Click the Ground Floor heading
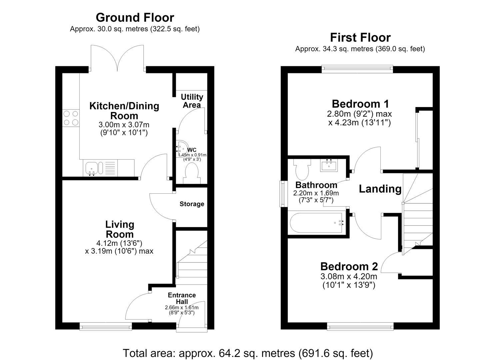pyautogui.click(x=135, y=18)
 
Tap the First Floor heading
pyautogui.click(x=360, y=38)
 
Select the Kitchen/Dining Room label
pyautogui.click(x=124, y=111)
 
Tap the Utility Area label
pyautogui.click(x=192, y=101)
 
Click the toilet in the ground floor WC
pyautogui.click(x=192, y=173)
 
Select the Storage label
pyautogui.click(x=192, y=204)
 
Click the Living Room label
pyautogui.click(x=120, y=229)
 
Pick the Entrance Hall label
pyautogui.click(x=182, y=298)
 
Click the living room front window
pyautogui.click(x=106, y=326)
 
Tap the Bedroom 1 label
pyautogui.click(x=360, y=104)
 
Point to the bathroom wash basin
pyautogui.click(x=329, y=165)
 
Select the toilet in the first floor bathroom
pyautogui.click(x=302, y=169)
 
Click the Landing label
pyautogui.click(x=380, y=189)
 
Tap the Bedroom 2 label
pyautogui.click(x=349, y=267)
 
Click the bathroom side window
pyautogui.click(x=282, y=194)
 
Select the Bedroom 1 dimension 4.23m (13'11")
pyautogui.click(x=360, y=122)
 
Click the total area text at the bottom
pyautogui.click(x=248, y=353)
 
